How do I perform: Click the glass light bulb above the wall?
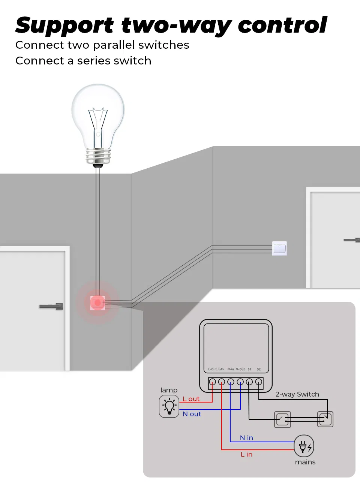pyautogui.click(x=98, y=112)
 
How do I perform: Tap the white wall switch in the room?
pyautogui.click(x=279, y=248)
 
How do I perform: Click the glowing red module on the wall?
pyautogui.click(x=97, y=302)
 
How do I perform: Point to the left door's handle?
pyautogui.click(x=52, y=306)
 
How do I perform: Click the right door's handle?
pyautogui.click(x=352, y=240)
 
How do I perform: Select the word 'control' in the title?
pyautogui.click(x=282, y=25)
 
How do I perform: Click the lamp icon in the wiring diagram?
pyautogui.click(x=169, y=407)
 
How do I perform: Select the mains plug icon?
pyautogui.click(x=304, y=446)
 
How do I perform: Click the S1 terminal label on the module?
pyautogui.click(x=249, y=369)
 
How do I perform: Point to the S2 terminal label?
pyautogui.click(x=259, y=369)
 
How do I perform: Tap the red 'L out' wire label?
pyautogui.click(x=191, y=399)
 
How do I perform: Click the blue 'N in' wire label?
pyautogui.click(x=246, y=438)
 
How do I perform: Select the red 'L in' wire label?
pyautogui.click(x=246, y=454)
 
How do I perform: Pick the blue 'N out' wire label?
pyautogui.click(x=192, y=414)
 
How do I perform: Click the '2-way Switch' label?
pyautogui.click(x=297, y=394)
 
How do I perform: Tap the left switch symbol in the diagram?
pyautogui.click(x=282, y=419)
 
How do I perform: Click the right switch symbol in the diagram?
pyautogui.click(x=325, y=419)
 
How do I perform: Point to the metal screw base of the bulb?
pyautogui.click(x=98, y=155)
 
